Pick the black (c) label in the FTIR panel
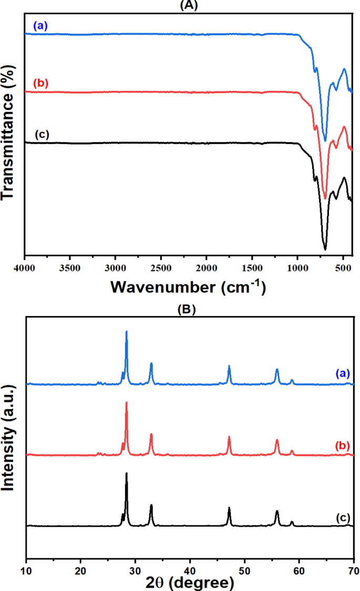tap(41, 134)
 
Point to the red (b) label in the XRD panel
tap(342, 445)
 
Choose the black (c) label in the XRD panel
tap(342, 517)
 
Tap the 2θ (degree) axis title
tap(190, 583)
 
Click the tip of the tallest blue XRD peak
tap(126, 331)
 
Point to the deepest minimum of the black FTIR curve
tap(325, 249)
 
